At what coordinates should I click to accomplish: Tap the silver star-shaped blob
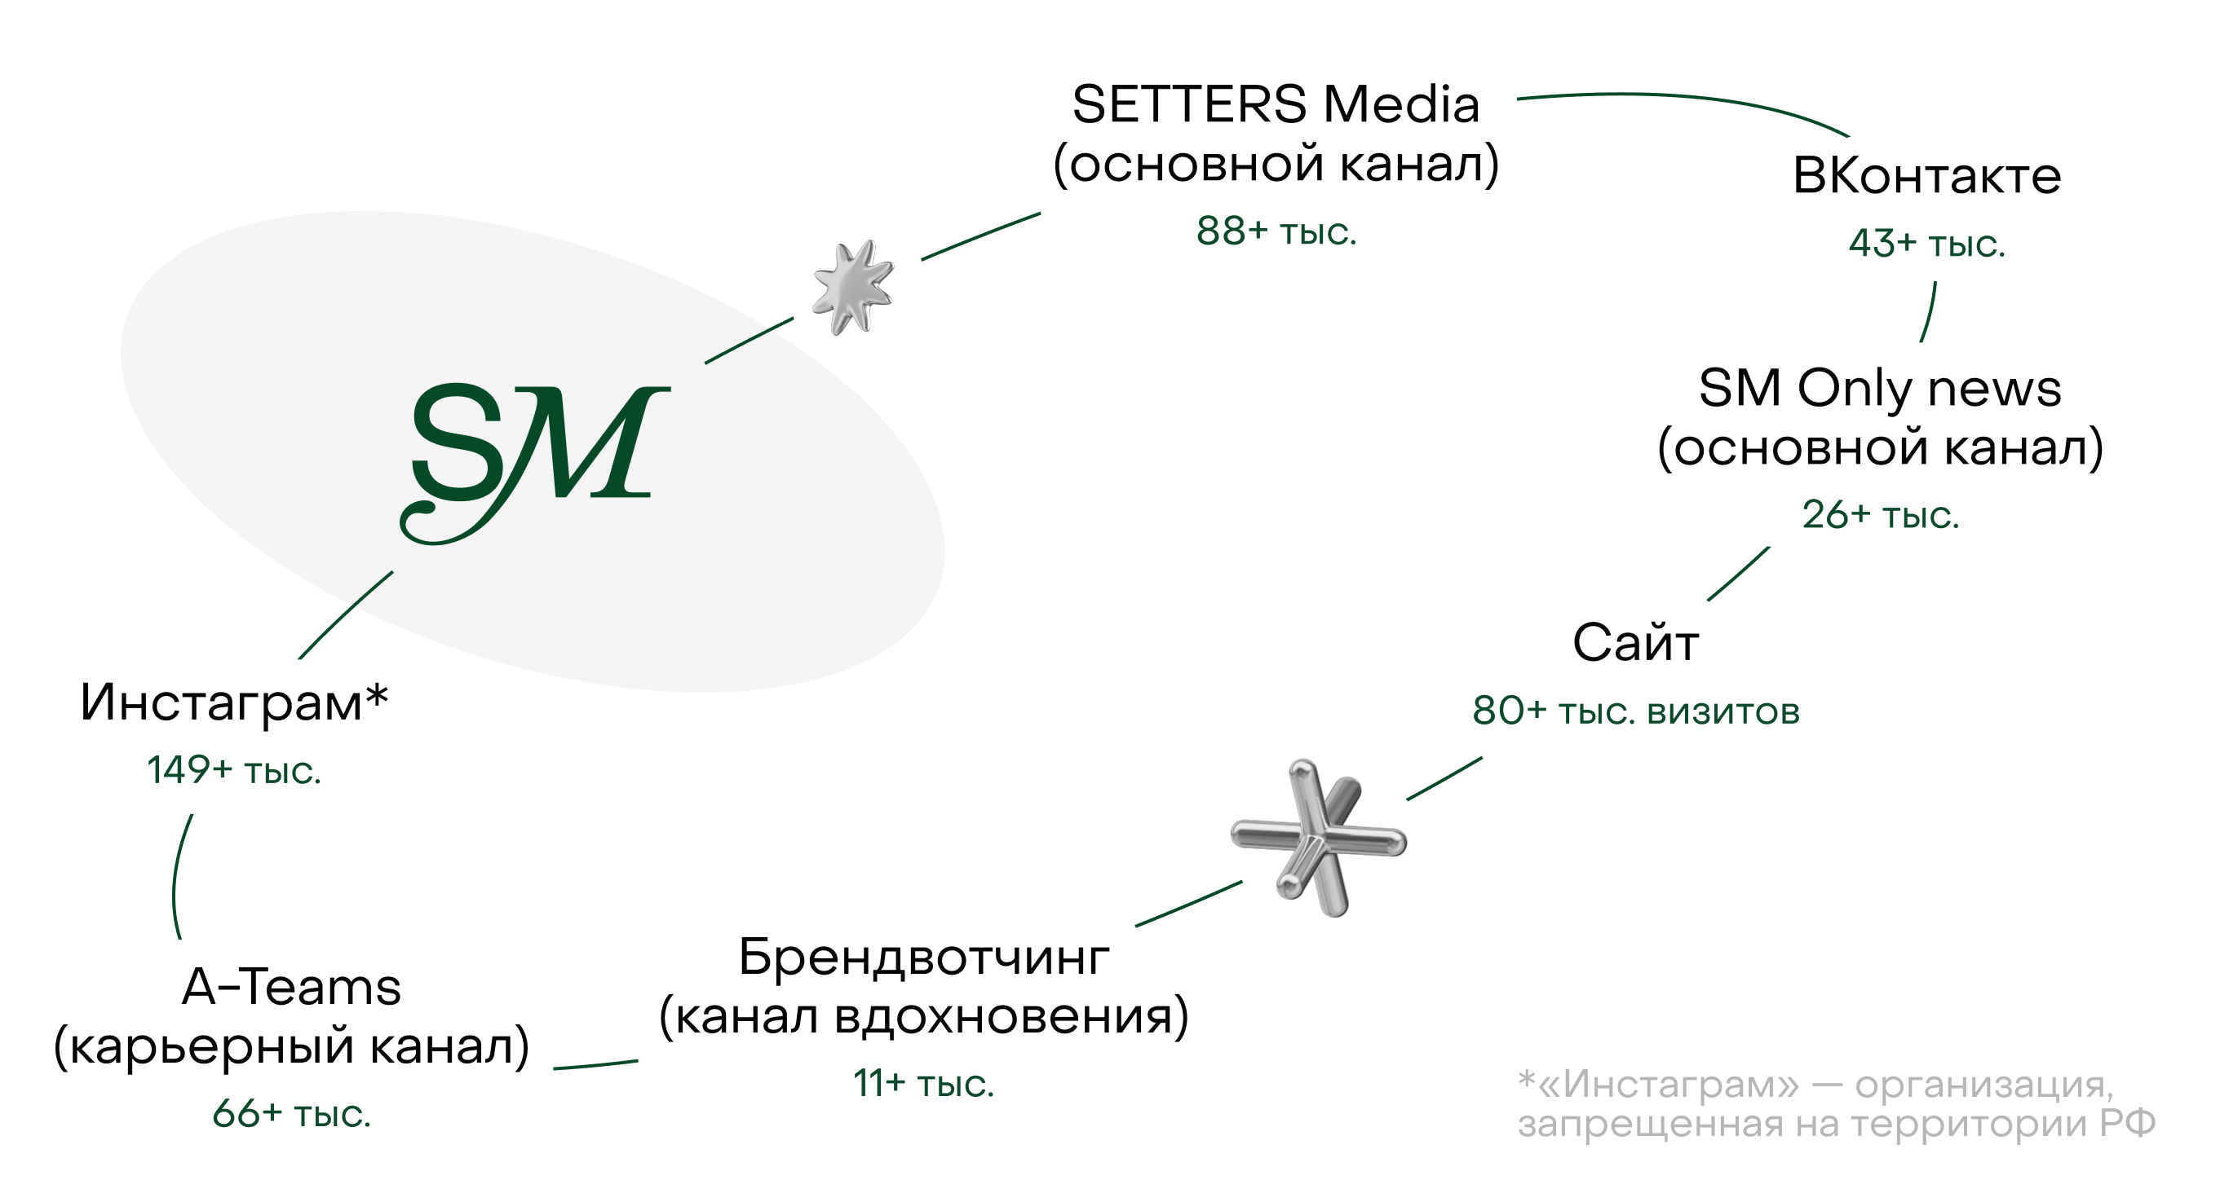click(853, 287)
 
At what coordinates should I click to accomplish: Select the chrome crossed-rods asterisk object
click(1319, 838)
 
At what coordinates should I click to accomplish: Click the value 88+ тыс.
click(1276, 231)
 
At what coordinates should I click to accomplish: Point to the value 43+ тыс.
click(1927, 244)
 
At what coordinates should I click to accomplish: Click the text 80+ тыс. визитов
click(1636, 711)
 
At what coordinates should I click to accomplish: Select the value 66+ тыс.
click(291, 1114)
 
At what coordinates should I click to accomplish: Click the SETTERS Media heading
click(1276, 105)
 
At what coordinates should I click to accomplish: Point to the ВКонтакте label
click(1927, 177)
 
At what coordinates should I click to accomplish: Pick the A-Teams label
click(291, 987)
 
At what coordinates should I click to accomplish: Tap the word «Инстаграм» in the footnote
click(1669, 1085)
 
